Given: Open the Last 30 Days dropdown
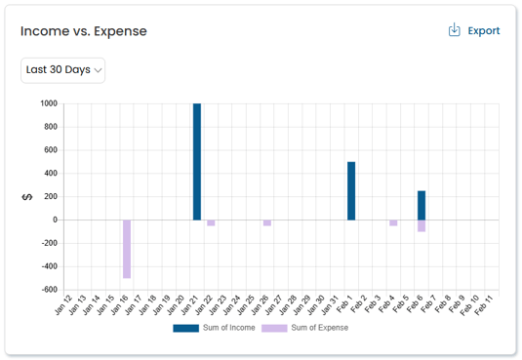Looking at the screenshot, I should click(x=63, y=70).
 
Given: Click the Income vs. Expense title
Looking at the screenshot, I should click(x=84, y=31).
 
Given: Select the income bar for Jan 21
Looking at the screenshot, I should click(x=197, y=161).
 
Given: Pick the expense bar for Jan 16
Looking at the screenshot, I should click(x=127, y=249).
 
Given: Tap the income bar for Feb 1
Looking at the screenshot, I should click(x=351, y=190).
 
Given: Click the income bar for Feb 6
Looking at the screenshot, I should click(x=422, y=205).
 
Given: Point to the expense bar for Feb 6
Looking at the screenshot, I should click(x=422, y=225).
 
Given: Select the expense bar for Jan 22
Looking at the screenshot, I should click(x=211, y=222).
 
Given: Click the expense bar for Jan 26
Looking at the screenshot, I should click(x=267, y=222).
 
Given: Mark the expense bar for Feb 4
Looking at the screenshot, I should click(x=393, y=222).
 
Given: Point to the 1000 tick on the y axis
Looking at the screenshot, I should click(x=48, y=103).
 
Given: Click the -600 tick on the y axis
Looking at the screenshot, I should click(x=47, y=290).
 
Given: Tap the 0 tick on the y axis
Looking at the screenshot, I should click(x=55, y=220).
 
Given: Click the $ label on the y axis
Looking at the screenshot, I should click(x=27, y=197).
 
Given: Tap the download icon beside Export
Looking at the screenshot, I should click(x=455, y=30).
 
